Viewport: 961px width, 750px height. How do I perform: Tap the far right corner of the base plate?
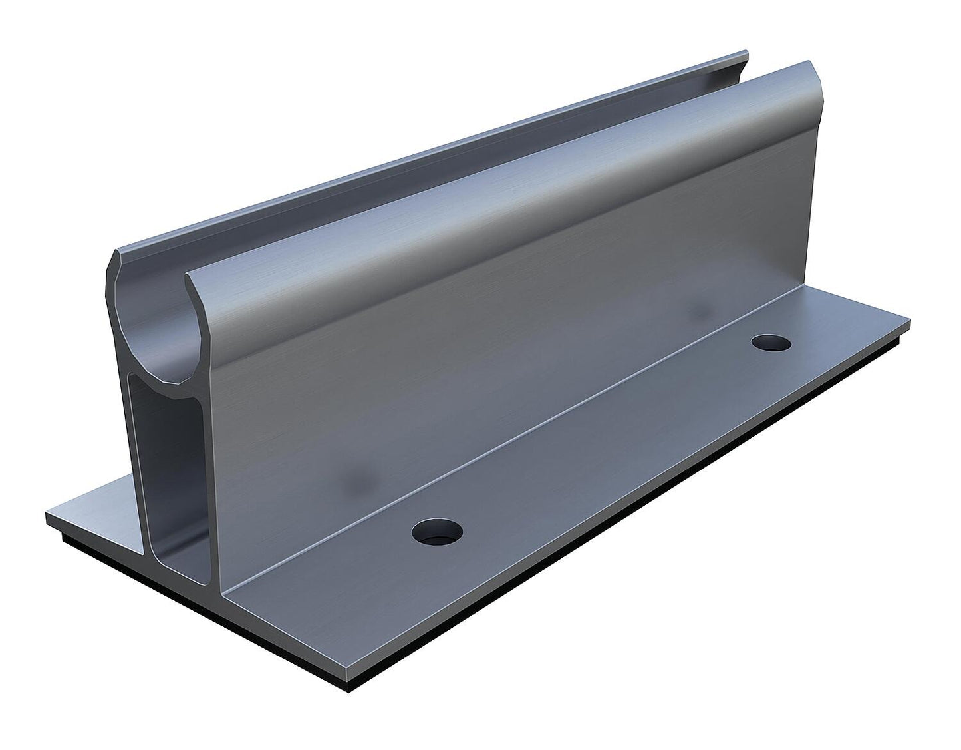(908, 331)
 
